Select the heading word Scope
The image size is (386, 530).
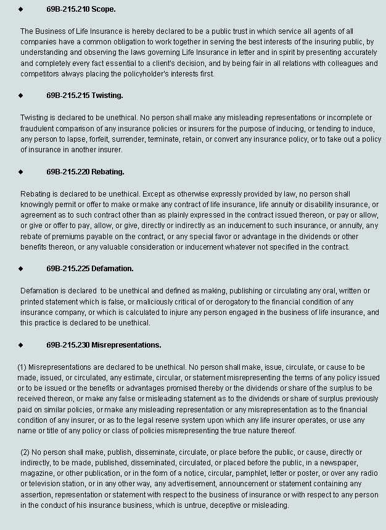point(103,10)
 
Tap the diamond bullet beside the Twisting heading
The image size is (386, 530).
point(20,96)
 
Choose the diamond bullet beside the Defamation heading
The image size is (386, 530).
point(20,269)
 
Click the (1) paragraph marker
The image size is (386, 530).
point(22,367)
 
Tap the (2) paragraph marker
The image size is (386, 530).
point(25,452)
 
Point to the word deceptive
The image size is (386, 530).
point(228,505)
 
